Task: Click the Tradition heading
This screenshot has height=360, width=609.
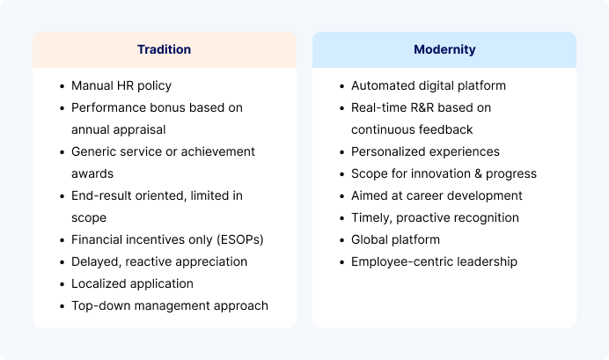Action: coord(164,49)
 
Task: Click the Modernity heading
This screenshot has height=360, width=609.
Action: coord(444,49)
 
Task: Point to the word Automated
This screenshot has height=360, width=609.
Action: coord(383,85)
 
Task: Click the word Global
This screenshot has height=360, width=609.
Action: coord(369,239)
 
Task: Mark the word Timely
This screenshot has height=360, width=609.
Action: coord(371,218)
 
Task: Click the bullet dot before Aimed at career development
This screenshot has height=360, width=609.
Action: coord(342,196)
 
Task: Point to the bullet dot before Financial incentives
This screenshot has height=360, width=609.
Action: coord(62,240)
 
